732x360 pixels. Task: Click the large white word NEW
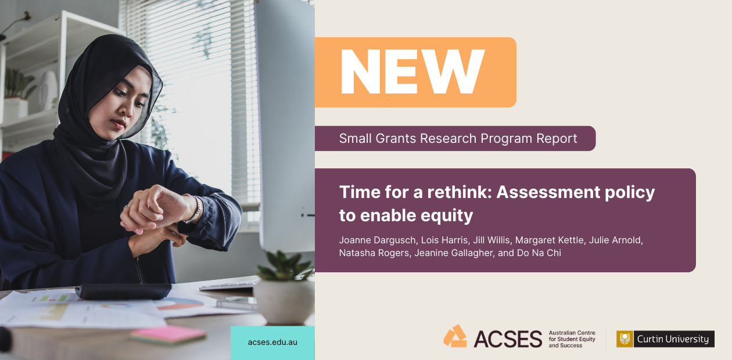(412, 72)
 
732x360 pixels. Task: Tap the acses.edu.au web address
(272, 342)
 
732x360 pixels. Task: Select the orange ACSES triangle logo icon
(455, 336)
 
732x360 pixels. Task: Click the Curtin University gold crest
(625, 339)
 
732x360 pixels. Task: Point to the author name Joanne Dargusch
(378, 240)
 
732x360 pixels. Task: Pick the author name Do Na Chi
(539, 253)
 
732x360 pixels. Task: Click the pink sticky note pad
(168, 334)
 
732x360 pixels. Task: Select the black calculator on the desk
(123, 291)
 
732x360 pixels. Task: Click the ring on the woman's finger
(127, 207)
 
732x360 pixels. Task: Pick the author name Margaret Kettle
(550, 240)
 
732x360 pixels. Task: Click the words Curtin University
(673, 339)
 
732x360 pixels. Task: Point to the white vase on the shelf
(48, 90)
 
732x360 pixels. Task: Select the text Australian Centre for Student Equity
(572, 336)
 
